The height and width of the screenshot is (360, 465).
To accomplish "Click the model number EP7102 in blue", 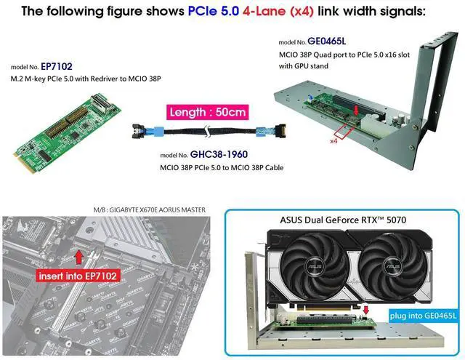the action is (x=57, y=66).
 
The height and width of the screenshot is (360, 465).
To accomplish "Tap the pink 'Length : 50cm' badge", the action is (x=208, y=112).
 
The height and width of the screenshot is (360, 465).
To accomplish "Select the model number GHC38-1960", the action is (x=219, y=154).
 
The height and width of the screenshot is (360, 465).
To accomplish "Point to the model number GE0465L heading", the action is (x=326, y=41).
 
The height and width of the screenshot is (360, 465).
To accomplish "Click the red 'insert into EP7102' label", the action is (x=78, y=276).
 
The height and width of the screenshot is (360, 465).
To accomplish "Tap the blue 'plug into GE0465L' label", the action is (x=423, y=315).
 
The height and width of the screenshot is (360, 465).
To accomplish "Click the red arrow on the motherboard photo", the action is (x=78, y=257).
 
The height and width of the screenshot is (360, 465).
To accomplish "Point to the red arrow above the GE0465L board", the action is (x=356, y=111).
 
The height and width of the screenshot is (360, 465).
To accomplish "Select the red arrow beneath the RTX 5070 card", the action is (x=366, y=311).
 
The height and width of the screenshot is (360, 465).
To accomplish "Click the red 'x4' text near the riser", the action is (x=334, y=141).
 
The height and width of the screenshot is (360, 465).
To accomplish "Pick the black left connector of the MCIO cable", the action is (x=139, y=131).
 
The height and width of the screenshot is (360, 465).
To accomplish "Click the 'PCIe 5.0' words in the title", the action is (x=214, y=11).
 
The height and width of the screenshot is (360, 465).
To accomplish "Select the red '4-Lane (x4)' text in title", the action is (x=278, y=12).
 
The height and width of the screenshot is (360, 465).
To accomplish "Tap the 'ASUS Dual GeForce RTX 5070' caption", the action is (x=343, y=220).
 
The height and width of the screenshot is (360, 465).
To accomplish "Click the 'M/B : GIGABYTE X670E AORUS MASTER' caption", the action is (x=150, y=210).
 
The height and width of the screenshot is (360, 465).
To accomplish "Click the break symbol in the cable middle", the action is (x=208, y=131).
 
